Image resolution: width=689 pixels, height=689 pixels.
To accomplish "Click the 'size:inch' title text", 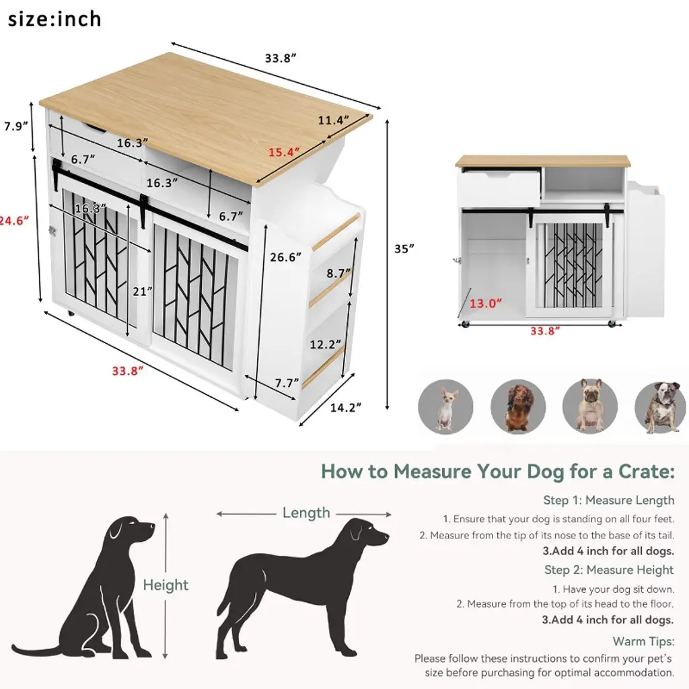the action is coord(55,20).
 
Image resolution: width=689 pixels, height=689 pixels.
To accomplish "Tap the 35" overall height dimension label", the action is coord(404,249).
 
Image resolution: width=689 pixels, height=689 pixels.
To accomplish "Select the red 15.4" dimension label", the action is coord(285,152).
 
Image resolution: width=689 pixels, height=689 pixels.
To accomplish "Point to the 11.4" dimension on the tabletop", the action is coord(334,120).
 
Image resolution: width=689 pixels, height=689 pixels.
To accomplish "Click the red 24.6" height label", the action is coord(15,220).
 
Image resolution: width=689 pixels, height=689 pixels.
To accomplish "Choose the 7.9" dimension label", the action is coord(16,126).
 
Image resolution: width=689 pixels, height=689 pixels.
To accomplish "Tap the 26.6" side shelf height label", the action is coord(285,256).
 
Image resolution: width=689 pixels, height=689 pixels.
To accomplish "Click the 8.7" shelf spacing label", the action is coord(338,273).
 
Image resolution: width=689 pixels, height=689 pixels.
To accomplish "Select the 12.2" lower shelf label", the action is coord(326,344).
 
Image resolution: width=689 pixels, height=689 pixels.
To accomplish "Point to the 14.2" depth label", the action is coord(346,407).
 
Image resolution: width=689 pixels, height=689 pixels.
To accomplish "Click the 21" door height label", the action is coord(143,291).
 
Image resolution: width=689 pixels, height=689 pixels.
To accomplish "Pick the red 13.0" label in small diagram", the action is coord(486,303).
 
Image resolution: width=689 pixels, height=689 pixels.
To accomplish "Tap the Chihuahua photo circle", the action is coord(445,407).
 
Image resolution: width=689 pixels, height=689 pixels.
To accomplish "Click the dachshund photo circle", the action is coord(518,407).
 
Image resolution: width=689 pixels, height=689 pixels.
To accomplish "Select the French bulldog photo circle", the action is coord(590,407).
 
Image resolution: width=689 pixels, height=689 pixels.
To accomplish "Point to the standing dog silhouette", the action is coord(302,589).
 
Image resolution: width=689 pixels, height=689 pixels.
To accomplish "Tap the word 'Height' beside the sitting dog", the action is coord(166,585).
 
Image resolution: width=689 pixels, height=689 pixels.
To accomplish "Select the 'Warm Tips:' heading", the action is coord(643,641).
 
